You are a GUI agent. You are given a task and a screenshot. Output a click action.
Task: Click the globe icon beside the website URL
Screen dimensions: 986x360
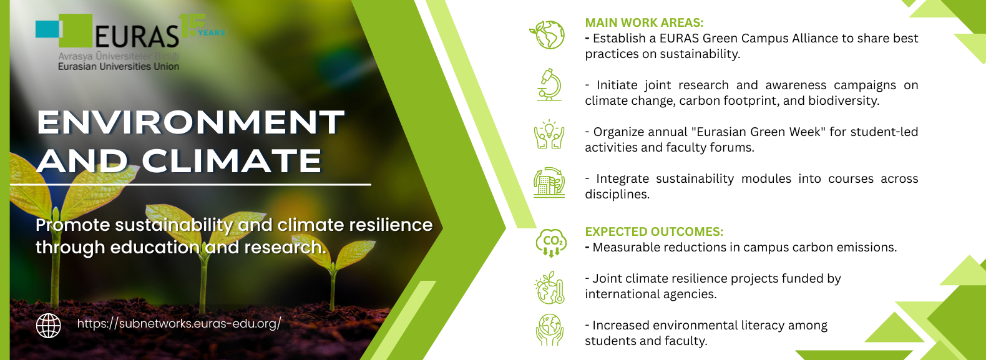click(49, 326)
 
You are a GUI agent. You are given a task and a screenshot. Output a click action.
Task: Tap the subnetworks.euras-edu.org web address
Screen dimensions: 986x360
click(178, 324)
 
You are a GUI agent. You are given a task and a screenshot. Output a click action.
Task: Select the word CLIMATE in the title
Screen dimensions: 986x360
click(232, 160)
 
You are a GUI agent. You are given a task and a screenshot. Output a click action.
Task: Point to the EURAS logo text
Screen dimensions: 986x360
click(137, 36)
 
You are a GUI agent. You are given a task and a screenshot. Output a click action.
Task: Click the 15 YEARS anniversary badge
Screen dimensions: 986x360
click(201, 26)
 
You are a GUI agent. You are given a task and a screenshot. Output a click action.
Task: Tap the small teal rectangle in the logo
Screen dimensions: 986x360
click(47, 29)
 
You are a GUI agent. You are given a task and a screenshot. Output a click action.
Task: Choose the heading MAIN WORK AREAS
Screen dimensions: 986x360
click(644, 22)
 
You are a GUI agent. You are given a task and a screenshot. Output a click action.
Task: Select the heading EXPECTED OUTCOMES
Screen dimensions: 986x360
click(653, 231)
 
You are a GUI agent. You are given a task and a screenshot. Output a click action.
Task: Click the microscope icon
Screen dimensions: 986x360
click(549, 85)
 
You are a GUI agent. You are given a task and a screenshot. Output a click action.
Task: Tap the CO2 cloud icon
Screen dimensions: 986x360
click(550, 243)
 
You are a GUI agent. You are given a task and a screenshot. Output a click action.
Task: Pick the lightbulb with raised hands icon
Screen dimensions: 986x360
click(549, 134)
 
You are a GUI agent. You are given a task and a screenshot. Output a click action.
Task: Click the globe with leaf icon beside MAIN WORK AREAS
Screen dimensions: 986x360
click(547, 34)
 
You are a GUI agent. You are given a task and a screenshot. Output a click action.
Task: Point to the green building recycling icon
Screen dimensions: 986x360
click(549, 182)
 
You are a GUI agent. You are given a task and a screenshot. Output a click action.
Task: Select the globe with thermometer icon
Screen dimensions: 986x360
click(549, 288)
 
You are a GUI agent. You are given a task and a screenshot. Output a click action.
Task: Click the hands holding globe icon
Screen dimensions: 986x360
click(549, 329)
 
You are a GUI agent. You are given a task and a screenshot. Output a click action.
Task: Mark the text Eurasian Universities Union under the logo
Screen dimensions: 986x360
click(119, 67)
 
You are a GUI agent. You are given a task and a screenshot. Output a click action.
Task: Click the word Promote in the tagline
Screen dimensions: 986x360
click(73, 225)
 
